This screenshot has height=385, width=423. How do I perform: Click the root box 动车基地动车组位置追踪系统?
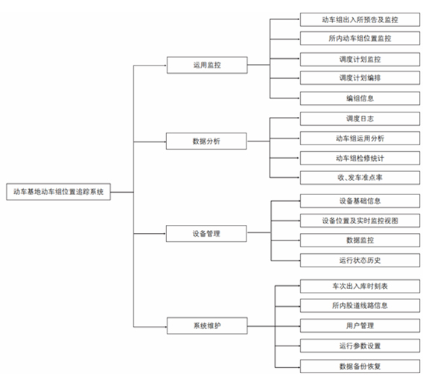coord(59,192)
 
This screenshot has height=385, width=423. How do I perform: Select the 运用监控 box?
coord(207,65)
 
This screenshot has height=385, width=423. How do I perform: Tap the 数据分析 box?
coord(206,141)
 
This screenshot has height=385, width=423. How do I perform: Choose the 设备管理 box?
coord(206,234)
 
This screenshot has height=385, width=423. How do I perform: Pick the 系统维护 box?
coord(207,325)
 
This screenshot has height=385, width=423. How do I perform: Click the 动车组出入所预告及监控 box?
coord(360,19)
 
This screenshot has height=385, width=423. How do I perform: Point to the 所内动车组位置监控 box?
coord(360,38)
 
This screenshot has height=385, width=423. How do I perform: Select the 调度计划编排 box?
coord(360,78)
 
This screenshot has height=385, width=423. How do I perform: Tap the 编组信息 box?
coord(360,98)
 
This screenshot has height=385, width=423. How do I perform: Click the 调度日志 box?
coord(360,118)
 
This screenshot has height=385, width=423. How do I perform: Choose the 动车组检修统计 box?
coord(360,158)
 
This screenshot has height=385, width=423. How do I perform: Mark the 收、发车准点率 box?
coord(360,177)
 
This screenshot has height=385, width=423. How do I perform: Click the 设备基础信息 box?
coord(360,201)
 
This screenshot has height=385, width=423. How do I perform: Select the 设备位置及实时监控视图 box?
coord(360,220)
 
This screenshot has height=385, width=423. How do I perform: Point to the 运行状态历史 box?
coord(360,261)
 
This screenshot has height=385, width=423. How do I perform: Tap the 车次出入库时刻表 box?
coord(360,286)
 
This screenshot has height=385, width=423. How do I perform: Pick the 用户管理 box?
coord(360,325)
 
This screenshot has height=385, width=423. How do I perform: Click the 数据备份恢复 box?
coord(360,366)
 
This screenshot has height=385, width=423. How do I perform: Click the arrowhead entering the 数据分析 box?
coord(165,141)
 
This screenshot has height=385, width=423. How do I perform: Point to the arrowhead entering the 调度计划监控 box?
coord(299,59)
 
